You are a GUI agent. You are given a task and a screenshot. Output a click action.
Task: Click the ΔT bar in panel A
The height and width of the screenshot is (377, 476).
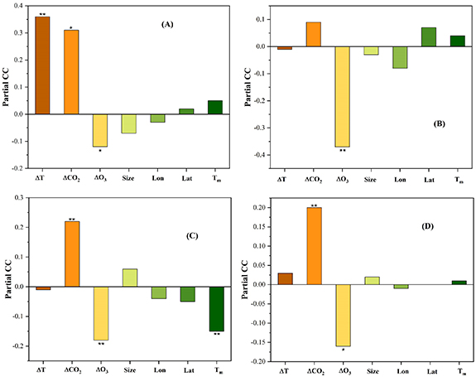[x=42, y=65]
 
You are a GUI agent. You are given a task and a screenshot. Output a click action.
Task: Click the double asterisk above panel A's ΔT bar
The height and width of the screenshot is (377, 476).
[x=42, y=14]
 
